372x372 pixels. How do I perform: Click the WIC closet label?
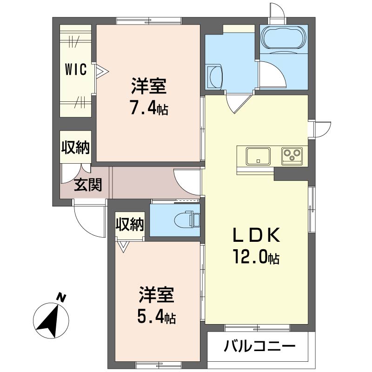pyautogui.click(x=75, y=71)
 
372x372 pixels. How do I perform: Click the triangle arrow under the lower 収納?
pyautogui.click(x=123, y=246)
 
